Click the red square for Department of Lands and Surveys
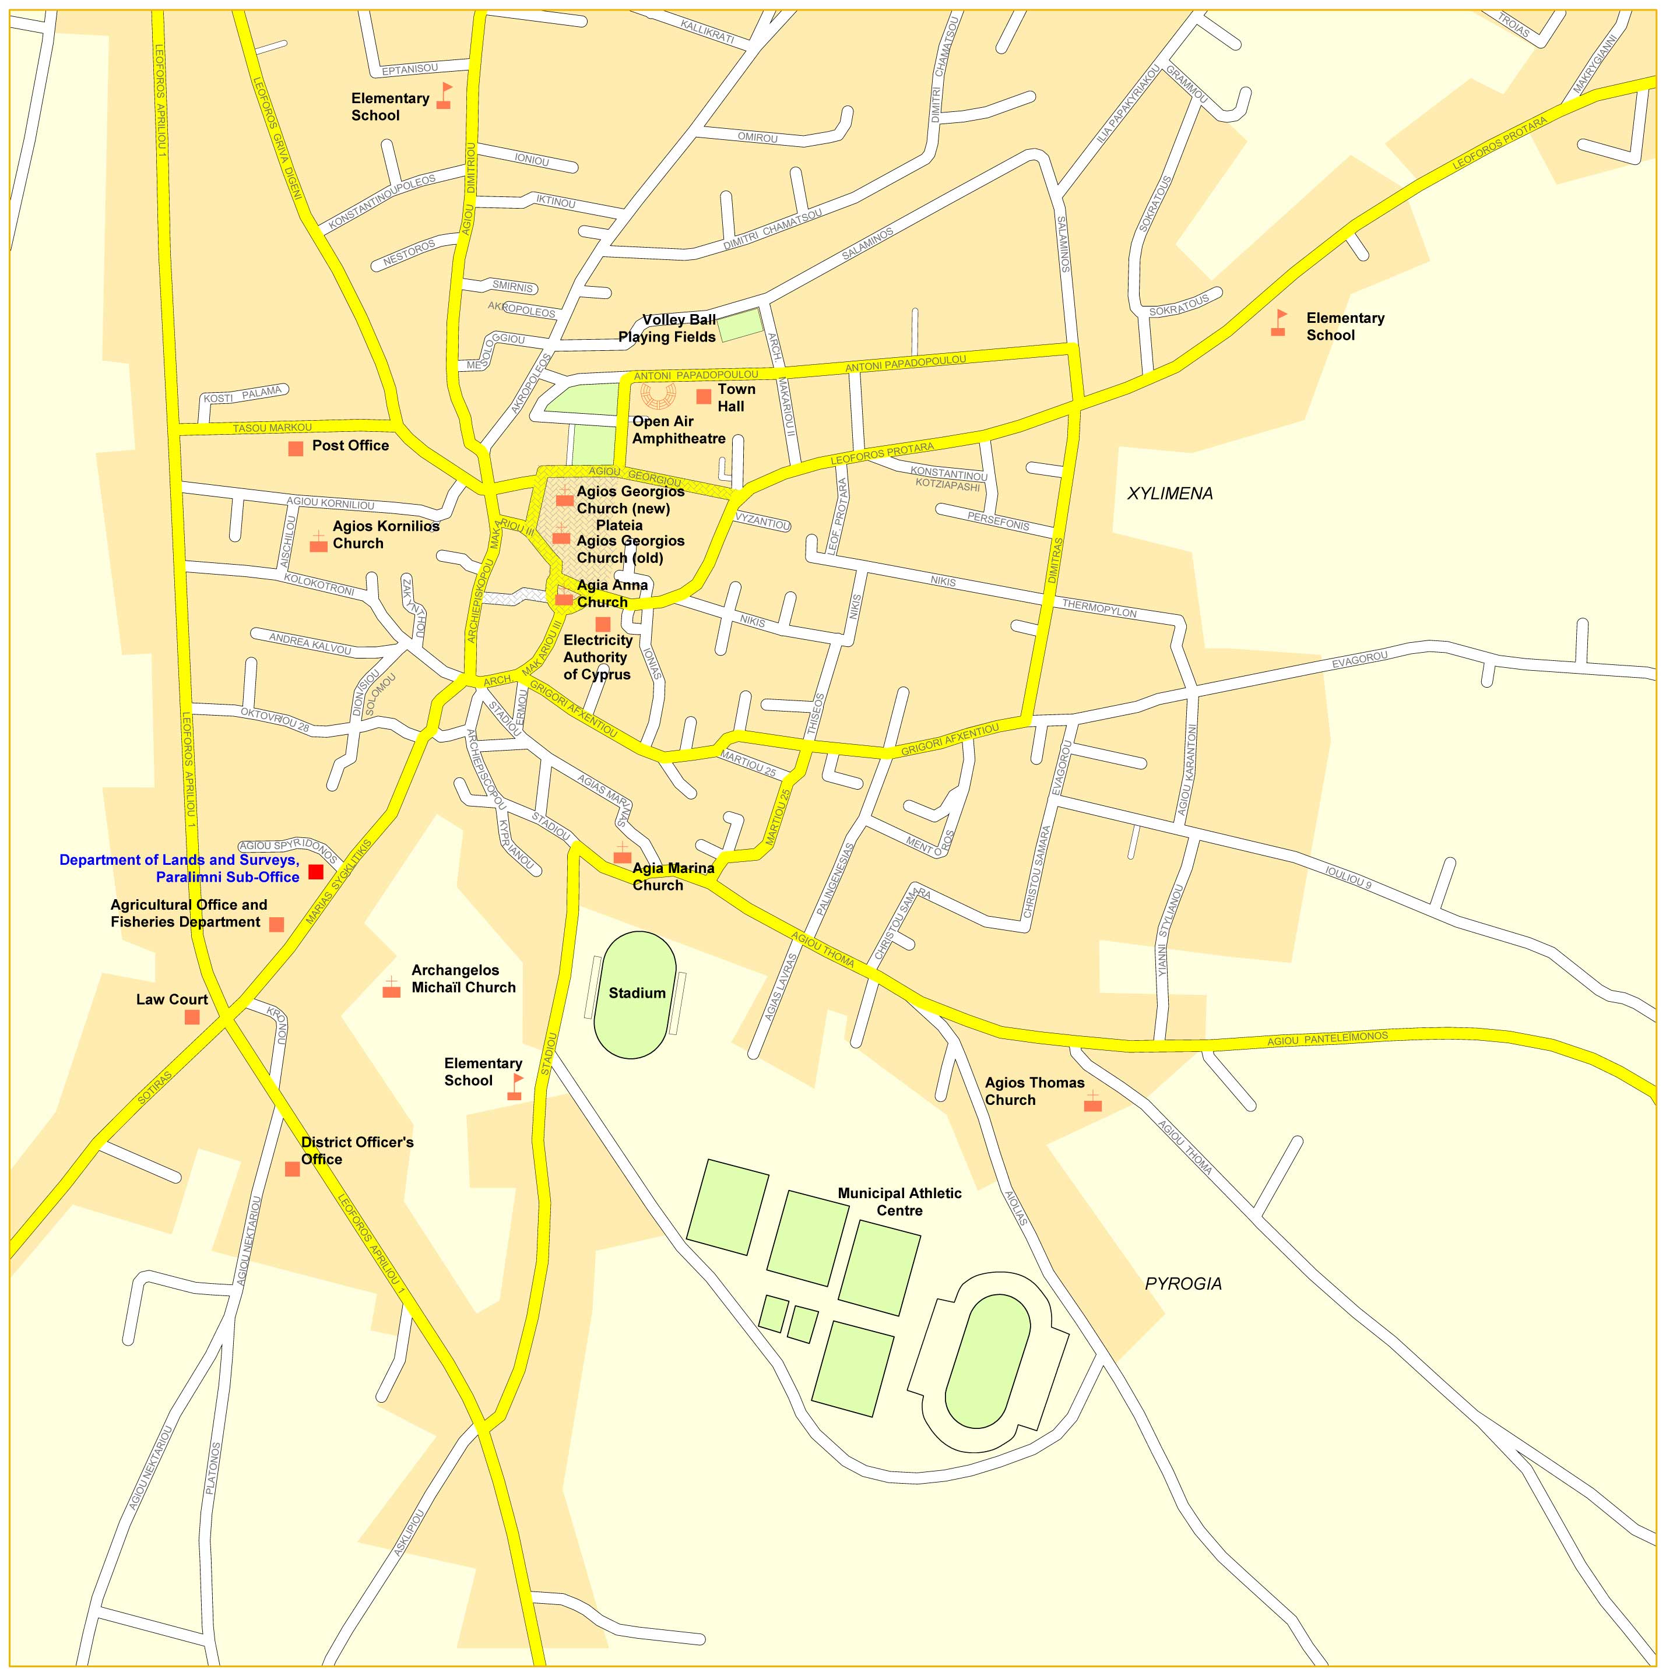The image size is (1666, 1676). click(x=315, y=871)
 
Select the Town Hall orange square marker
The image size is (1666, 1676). click(x=704, y=396)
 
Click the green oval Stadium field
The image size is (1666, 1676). click(x=636, y=995)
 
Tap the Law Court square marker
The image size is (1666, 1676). click(x=192, y=1017)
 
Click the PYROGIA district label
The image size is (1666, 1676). click(x=1183, y=1284)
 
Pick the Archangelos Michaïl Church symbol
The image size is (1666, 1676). click(x=391, y=988)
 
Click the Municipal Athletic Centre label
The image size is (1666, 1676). click(x=899, y=1202)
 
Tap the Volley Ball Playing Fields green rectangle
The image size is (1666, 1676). click(x=739, y=325)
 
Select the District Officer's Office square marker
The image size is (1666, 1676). click(x=293, y=1168)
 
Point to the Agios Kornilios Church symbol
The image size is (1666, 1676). click(x=318, y=544)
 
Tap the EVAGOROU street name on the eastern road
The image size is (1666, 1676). click(x=1360, y=659)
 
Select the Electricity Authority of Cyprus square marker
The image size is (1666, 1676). click(x=602, y=624)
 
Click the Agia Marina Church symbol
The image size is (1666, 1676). click(x=621, y=854)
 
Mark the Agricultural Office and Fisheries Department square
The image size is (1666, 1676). click(x=276, y=924)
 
